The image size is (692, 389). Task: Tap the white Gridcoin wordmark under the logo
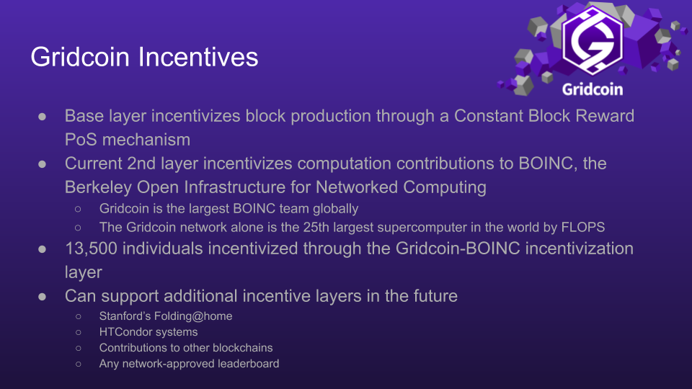(593, 89)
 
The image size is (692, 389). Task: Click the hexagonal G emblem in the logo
(593, 40)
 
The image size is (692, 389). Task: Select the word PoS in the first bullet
(81, 140)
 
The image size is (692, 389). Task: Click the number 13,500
(92, 249)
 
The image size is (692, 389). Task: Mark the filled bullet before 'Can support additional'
(43, 296)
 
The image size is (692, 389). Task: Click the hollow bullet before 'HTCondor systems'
(78, 332)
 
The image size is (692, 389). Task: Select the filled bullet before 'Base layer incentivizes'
(43, 117)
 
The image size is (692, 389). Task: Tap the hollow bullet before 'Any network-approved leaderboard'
(78, 364)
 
